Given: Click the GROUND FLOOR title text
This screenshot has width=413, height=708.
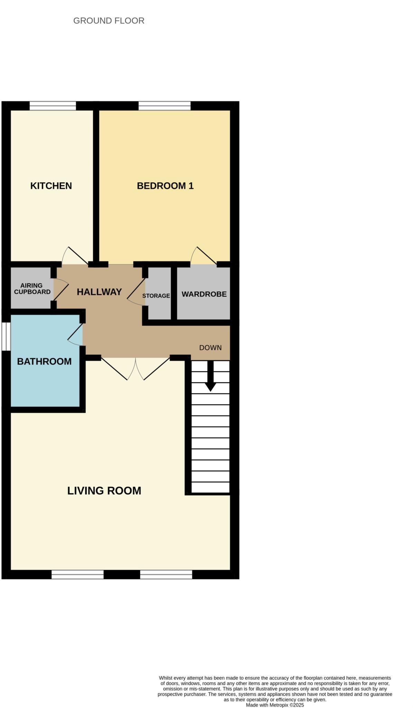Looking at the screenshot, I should click(109, 21).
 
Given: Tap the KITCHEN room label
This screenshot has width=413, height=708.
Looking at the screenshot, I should click(51, 186).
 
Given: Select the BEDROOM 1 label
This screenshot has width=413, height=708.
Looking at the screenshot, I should click(165, 186).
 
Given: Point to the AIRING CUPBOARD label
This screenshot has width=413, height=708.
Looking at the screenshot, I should click(32, 288).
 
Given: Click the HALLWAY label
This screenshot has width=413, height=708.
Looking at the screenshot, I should click(99, 292).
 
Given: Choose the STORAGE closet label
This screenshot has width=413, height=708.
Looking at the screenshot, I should click(156, 296).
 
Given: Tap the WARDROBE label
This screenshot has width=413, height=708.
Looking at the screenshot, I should click(204, 294).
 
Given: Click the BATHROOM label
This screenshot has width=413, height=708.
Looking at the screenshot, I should click(44, 361).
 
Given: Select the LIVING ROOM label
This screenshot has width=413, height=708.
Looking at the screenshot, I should click(104, 491).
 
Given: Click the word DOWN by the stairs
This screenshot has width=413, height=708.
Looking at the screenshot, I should click(210, 347).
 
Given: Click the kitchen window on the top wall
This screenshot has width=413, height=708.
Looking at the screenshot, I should click(53, 106).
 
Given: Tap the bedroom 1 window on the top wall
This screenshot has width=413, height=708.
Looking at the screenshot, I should click(165, 106).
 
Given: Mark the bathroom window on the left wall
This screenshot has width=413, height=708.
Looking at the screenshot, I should click(6, 336).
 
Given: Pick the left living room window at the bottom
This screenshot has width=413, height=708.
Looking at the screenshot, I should click(77, 574).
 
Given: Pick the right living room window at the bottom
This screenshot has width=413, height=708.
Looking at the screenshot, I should click(166, 574).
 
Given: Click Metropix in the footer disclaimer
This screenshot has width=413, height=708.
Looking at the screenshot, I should click(279, 705).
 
